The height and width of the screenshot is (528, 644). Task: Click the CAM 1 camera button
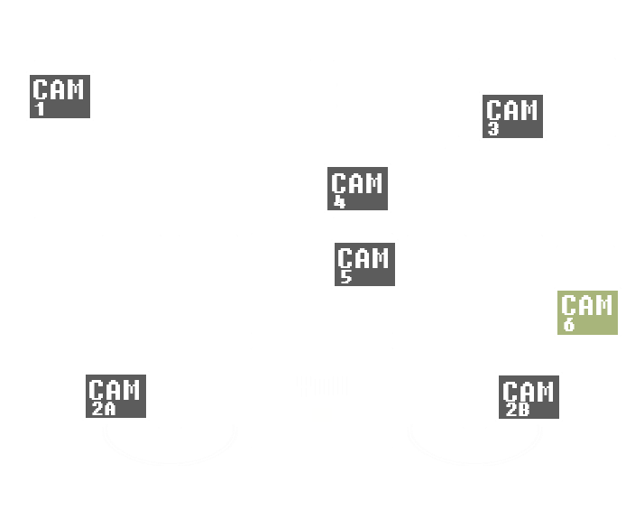[60, 96]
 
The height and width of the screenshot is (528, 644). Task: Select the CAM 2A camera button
[115, 396]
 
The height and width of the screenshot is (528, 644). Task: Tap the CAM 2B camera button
[529, 397]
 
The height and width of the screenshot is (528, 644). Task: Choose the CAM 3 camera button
[512, 116]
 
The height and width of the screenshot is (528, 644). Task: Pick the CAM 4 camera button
[357, 188]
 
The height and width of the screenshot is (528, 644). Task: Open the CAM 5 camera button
[364, 264]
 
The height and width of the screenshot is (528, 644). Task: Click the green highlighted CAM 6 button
[587, 312]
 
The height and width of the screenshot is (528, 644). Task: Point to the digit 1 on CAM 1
[40, 110]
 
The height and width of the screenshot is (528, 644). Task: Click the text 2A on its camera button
[103, 409]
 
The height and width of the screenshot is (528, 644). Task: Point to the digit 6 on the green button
[569, 325]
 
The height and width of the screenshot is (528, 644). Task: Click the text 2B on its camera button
[517, 410]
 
